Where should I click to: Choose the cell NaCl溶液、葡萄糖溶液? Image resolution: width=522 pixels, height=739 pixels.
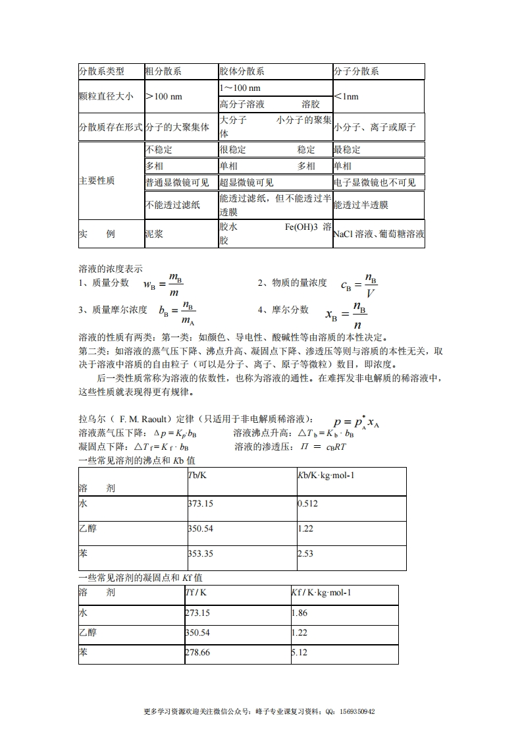378,234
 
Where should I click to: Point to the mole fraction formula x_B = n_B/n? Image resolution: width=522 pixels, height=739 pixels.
346,315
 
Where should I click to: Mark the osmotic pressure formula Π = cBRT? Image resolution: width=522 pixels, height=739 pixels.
323,447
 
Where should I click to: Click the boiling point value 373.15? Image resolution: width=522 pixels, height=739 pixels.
200,503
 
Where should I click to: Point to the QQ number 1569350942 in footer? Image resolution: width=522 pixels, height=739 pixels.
355,711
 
